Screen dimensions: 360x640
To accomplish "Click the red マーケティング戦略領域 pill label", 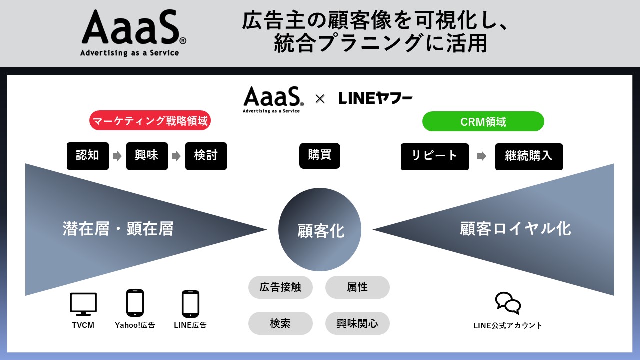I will coord(150,121).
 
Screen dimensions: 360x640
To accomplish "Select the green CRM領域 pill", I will coord(483,121).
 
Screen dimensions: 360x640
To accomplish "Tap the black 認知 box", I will coord(88,156).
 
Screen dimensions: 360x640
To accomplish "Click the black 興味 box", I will coord(147,156).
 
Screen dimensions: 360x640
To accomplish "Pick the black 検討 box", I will coord(206,156).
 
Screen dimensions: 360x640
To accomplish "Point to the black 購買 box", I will coord(320,156).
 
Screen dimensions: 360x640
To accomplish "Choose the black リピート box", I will coord(434,156).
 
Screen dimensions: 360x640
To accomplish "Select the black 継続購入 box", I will coord(529,156).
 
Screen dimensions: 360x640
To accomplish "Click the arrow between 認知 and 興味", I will coord(117,156).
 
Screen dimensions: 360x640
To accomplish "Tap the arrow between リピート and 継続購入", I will coord(482,156).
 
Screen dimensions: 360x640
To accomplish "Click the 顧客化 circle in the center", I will coord(320,230).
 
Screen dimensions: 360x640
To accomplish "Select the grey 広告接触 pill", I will coord(280,287).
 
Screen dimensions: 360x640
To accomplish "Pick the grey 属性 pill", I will coord(357,287).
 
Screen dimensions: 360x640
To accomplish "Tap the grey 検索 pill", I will coord(280,323).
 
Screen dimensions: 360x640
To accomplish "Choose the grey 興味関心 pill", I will coord(357,323).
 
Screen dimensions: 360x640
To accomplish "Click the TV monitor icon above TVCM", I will coord(83,304).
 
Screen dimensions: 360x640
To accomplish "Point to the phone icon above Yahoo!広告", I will coord(135,303).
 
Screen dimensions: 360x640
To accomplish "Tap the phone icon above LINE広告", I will coord(190,303).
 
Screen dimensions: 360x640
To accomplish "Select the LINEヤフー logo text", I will coord(375,98).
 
